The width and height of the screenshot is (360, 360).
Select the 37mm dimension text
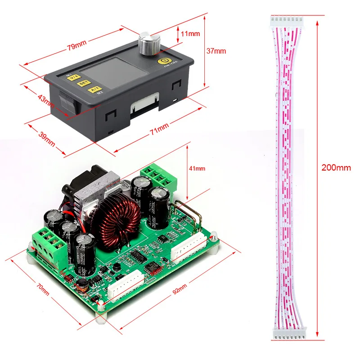216,51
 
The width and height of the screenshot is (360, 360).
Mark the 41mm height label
197,168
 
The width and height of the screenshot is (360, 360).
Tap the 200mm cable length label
336,168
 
